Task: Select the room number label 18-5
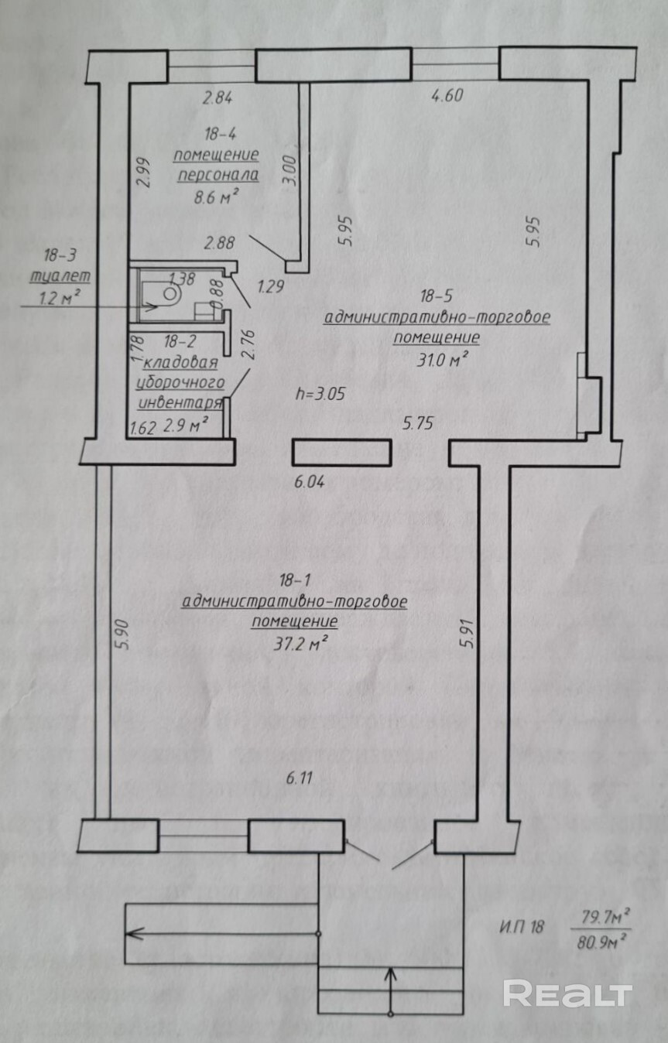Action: point(437,295)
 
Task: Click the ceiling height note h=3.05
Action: point(320,393)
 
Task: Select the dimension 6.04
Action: point(310,482)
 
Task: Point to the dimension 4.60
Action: point(447,96)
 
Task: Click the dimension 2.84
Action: point(218,97)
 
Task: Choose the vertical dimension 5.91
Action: point(465,631)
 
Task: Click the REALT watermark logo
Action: point(567,993)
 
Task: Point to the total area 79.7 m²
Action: point(601,919)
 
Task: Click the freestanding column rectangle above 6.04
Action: point(341,453)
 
